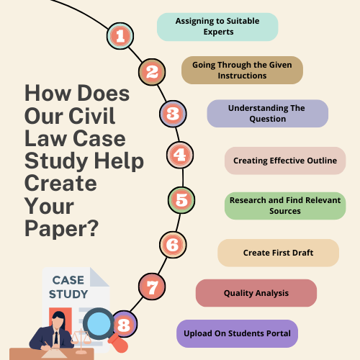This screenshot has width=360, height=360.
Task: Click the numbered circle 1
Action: (120, 36)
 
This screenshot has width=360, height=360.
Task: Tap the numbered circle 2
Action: (152, 72)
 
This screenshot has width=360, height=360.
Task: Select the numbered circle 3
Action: (173, 114)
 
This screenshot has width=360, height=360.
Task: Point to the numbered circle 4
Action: (180, 155)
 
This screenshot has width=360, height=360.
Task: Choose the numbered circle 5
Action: (181, 200)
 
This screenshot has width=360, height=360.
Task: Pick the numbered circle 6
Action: (173, 245)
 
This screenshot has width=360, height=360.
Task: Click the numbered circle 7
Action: (152, 287)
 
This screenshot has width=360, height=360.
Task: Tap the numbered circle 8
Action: (124, 325)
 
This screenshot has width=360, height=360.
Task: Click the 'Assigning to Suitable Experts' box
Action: (217, 27)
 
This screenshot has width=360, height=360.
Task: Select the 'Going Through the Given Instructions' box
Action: (242, 71)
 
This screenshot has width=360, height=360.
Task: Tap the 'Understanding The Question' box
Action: (268, 114)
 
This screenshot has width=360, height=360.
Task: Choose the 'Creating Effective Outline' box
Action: (285, 161)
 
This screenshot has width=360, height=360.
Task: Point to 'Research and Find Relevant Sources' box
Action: (285, 206)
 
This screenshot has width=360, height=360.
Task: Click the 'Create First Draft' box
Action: (279, 253)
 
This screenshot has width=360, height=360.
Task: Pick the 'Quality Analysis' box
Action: (256, 293)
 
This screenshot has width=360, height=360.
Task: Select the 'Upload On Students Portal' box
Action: (237, 333)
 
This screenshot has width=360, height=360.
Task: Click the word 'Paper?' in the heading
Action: (62, 229)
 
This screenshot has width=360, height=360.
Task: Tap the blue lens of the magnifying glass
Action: (99, 324)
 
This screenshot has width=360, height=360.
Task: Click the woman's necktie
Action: (56, 338)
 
